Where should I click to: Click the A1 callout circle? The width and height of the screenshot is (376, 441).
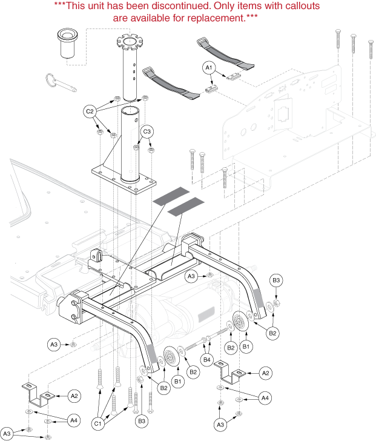point(208,68)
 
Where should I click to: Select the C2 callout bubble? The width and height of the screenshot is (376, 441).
point(90,111)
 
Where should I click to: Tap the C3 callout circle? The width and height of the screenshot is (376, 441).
point(147,131)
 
